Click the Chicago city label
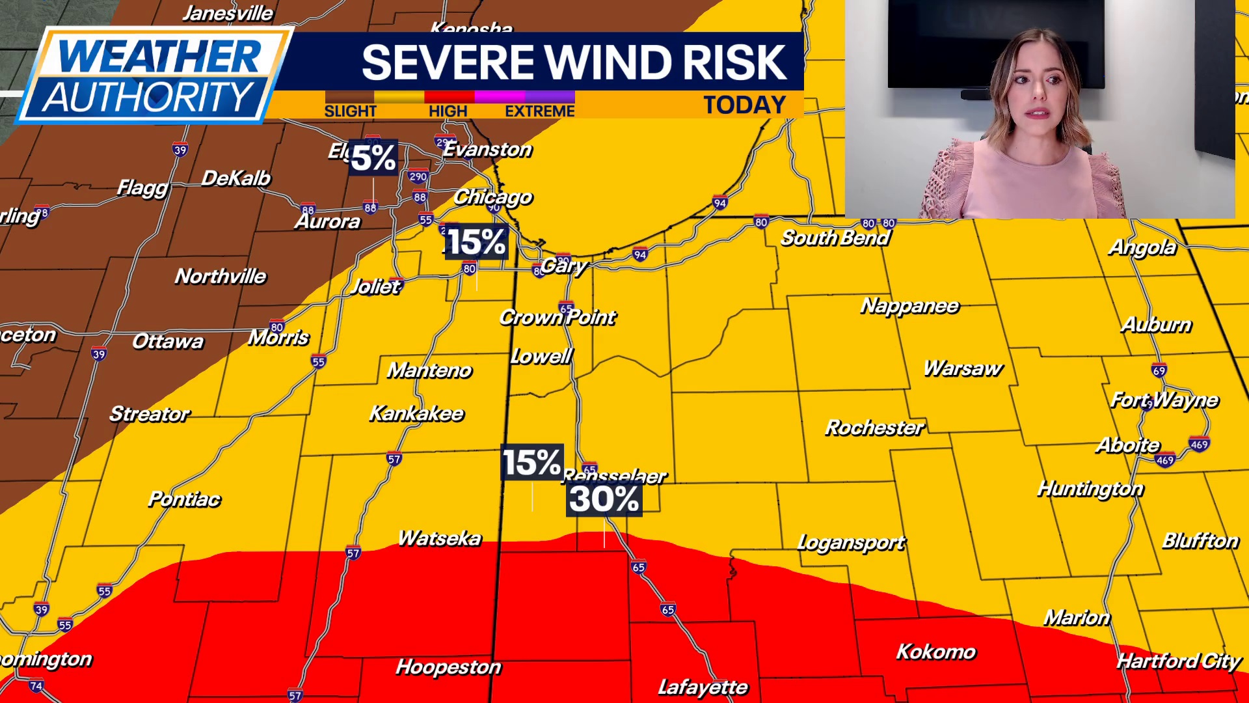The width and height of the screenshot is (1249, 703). point(492,197)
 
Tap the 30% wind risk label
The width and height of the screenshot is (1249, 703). point(604,499)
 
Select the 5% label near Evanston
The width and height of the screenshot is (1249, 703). point(373,158)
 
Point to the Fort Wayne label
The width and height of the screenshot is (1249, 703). point(1164,400)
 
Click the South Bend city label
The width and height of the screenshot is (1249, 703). point(835,238)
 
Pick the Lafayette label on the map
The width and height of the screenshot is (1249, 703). point(703,687)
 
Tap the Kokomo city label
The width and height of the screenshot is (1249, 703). point(936,652)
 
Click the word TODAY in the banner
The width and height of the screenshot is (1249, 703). point(745,105)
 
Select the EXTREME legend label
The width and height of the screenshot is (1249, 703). point(539,111)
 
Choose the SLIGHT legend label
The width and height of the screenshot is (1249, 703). point(350,111)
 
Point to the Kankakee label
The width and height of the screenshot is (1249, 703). point(416,413)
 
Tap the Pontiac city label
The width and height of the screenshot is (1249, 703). point(184,499)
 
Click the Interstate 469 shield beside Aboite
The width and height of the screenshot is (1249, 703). point(1164,460)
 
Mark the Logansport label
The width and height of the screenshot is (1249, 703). point(851,542)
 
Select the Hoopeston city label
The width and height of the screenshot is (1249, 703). point(448,667)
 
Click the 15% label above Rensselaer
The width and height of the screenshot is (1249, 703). point(531,463)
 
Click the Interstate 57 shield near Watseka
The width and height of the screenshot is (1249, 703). point(353,553)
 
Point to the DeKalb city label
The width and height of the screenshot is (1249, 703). point(235,178)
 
